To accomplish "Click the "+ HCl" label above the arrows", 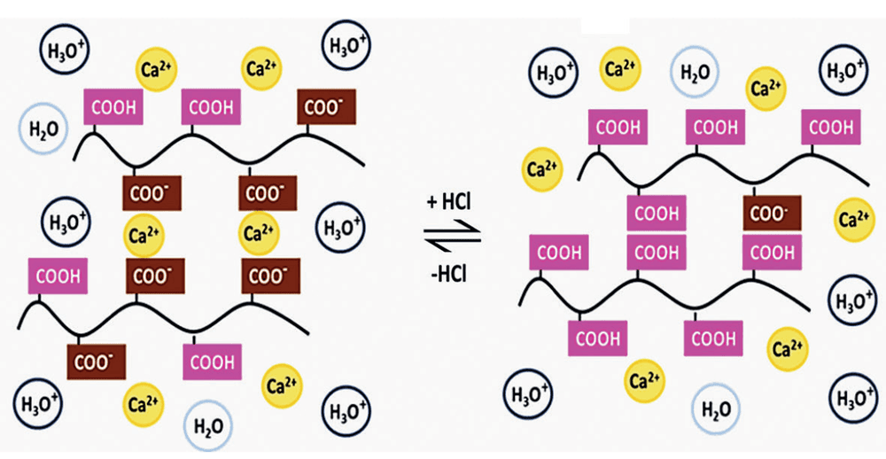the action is tap(450, 202).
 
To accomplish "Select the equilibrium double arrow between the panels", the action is tap(453, 237).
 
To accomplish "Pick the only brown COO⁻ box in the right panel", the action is tap(772, 213).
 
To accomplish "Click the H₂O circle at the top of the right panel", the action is tap(694, 71).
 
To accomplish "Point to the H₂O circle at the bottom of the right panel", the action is tap(716, 407).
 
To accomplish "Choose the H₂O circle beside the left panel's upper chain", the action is tap(43, 128).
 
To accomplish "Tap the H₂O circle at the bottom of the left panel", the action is tap(208, 424).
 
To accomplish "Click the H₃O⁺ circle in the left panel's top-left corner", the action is tap(65, 51).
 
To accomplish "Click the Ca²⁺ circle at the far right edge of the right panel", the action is tap(854, 220).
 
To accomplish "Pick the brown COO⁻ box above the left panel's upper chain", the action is tap(327, 107).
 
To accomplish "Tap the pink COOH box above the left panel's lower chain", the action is tap(58, 276).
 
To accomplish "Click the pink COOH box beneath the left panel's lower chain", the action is tap(212, 362).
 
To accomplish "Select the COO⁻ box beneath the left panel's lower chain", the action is tap(96, 362).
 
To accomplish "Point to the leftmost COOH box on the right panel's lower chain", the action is tap(559, 253).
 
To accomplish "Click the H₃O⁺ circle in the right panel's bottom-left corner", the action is tap(527, 393).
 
